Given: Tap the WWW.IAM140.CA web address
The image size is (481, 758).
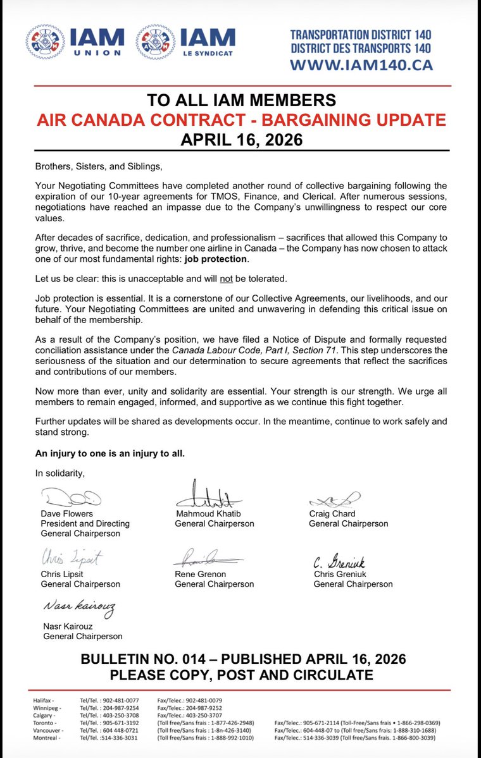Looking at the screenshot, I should click(361, 64).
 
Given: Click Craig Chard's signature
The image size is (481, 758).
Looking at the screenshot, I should click(335, 499).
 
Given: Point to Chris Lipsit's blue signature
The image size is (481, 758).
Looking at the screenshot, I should click(72, 558).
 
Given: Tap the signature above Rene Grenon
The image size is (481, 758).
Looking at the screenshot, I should click(208, 559).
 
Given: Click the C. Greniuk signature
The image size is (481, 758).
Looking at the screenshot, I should click(340, 560).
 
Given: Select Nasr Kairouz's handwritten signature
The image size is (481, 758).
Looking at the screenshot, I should click(79, 608).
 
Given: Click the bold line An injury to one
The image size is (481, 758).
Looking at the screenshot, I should click(110, 453).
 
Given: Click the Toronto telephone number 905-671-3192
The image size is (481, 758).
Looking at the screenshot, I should click(101, 723).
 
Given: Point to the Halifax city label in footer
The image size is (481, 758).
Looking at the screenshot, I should click(44, 700).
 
